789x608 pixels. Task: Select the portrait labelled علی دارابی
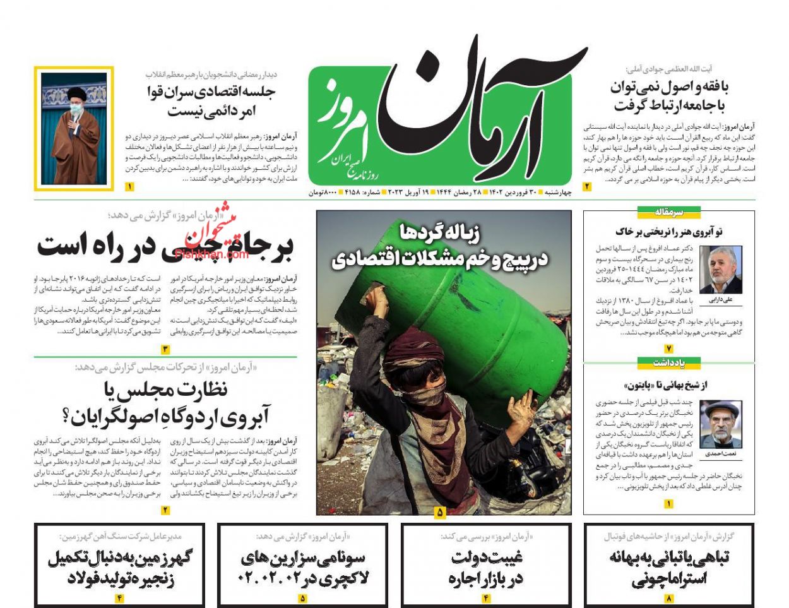pos(720,270)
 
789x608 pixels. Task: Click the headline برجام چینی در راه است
pos(165,246)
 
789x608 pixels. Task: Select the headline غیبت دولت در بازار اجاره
pos(486,568)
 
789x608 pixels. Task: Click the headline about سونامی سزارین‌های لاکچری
pos(303,568)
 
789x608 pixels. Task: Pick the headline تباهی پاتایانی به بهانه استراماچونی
pos(669,568)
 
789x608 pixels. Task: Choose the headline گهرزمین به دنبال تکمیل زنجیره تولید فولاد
pos(120,568)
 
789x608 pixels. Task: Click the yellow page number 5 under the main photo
pos(439,512)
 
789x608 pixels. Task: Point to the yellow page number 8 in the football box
pos(668,598)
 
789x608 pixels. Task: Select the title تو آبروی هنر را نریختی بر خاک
pos(668,232)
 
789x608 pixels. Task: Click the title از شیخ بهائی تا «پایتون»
pos(668,384)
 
